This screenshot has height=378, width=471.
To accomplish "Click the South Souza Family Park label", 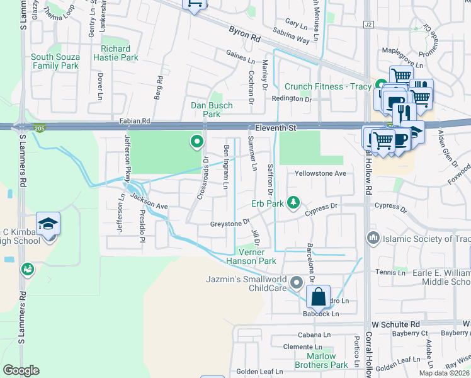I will tap(55, 61).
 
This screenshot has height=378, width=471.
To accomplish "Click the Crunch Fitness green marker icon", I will tap(380, 85).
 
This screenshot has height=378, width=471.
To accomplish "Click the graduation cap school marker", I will tap(48, 225).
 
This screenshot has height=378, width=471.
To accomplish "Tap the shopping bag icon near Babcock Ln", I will tap(319, 295).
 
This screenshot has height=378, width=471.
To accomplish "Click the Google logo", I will tap(21, 370).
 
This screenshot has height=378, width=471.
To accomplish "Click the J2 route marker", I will tap(368, 24).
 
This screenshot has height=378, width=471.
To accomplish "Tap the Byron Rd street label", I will tap(245, 38).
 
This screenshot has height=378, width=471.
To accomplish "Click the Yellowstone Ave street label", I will tap(321, 173).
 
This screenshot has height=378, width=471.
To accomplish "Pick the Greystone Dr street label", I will tap(230, 222).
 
